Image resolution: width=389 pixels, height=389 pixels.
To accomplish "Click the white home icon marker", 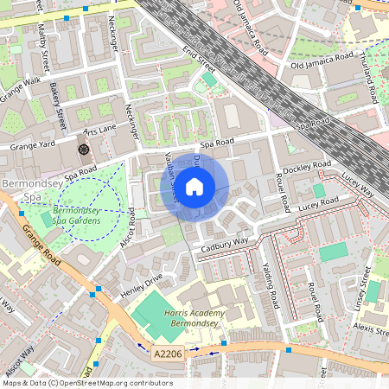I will tap(194, 186).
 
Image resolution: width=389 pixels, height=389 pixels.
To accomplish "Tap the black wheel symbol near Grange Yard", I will tap(84, 149).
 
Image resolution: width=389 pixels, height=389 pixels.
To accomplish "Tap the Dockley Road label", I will tap(307, 165).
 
